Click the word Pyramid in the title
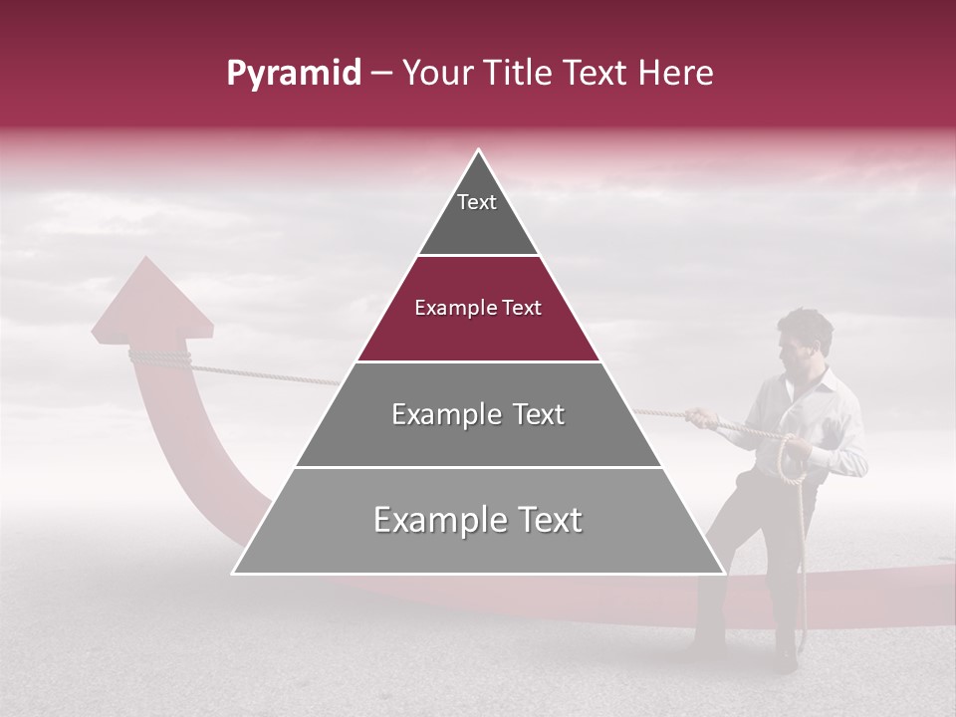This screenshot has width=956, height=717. click(x=293, y=74)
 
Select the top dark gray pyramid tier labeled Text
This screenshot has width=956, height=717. click(x=477, y=214)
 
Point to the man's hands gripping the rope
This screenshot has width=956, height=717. click(x=705, y=417)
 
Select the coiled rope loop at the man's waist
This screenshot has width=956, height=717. click(x=794, y=458)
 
